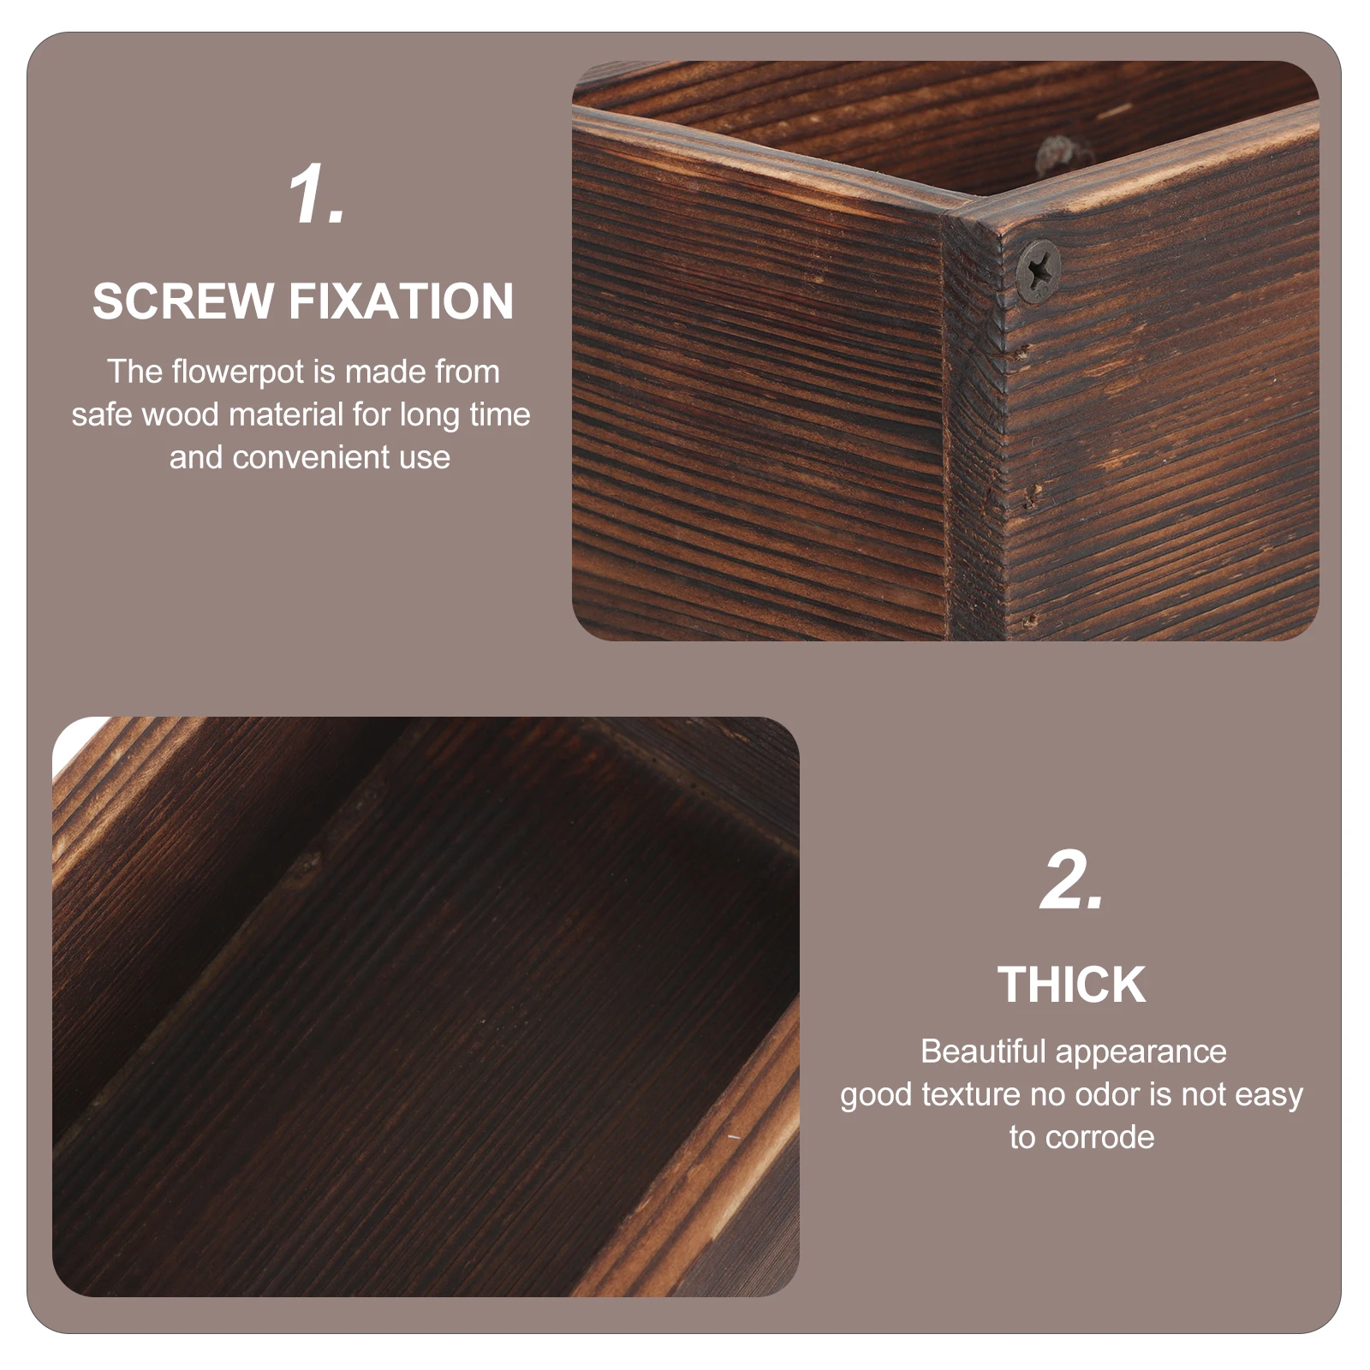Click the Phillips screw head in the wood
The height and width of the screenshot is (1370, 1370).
tap(1038, 271)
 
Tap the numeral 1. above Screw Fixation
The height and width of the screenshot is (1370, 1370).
tap(315, 195)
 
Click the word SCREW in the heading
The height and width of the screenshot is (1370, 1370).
tap(182, 301)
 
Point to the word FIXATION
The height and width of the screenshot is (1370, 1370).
tap(401, 301)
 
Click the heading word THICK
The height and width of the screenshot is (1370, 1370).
tap(1071, 985)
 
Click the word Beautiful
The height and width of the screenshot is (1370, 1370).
tap(982, 1051)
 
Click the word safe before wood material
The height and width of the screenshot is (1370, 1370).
tap(102, 414)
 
